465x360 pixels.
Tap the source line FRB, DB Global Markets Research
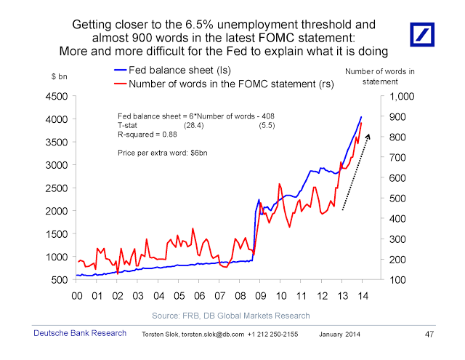[x=231, y=315]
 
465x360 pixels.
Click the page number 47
[x=428, y=335]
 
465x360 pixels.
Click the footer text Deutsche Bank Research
[x=72, y=334]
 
